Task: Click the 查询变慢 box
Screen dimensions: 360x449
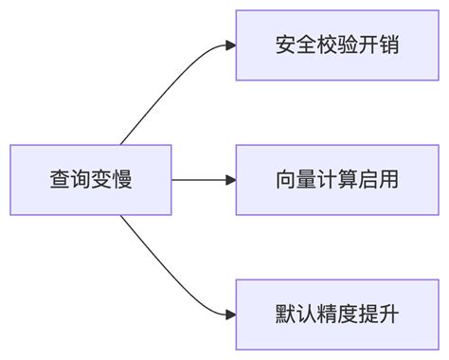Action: pyautogui.click(x=91, y=179)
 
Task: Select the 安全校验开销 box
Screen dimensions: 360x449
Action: pyautogui.click(x=337, y=45)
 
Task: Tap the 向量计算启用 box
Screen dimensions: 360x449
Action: pyautogui.click(x=337, y=179)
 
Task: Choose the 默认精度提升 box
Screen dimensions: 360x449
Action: pyautogui.click(x=337, y=314)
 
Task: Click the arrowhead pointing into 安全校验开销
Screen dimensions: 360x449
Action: pyautogui.click(x=230, y=45)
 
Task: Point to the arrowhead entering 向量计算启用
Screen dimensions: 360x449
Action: pyautogui.click(x=230, y=179)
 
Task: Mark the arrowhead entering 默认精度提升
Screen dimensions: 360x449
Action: pyautogui.click(x=230, y=314)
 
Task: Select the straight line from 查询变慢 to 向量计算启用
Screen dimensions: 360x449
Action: pyautogui.click(x=199, y=179)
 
